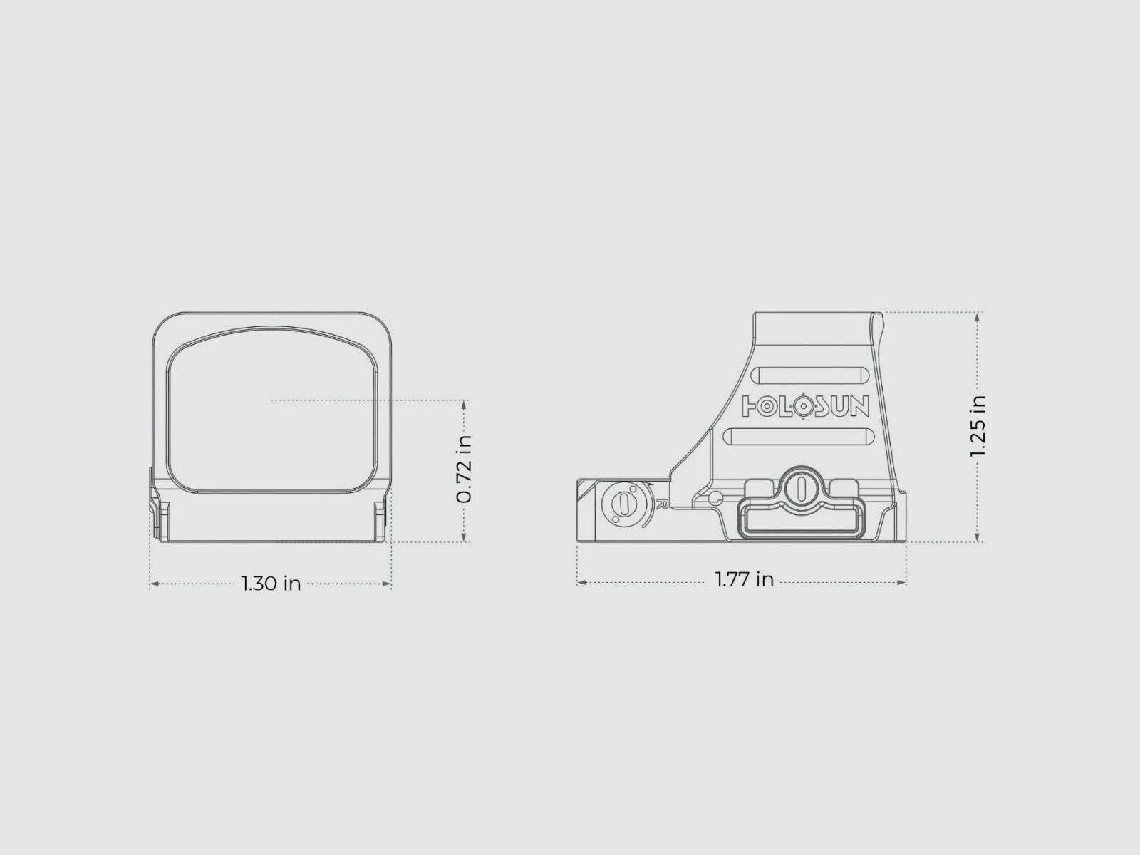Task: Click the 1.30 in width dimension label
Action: [271, 584]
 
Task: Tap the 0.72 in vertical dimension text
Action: [464, 470]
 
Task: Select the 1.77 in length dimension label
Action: [745, 579]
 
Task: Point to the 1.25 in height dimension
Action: [978, 426]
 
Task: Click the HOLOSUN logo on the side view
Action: [805, 406]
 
